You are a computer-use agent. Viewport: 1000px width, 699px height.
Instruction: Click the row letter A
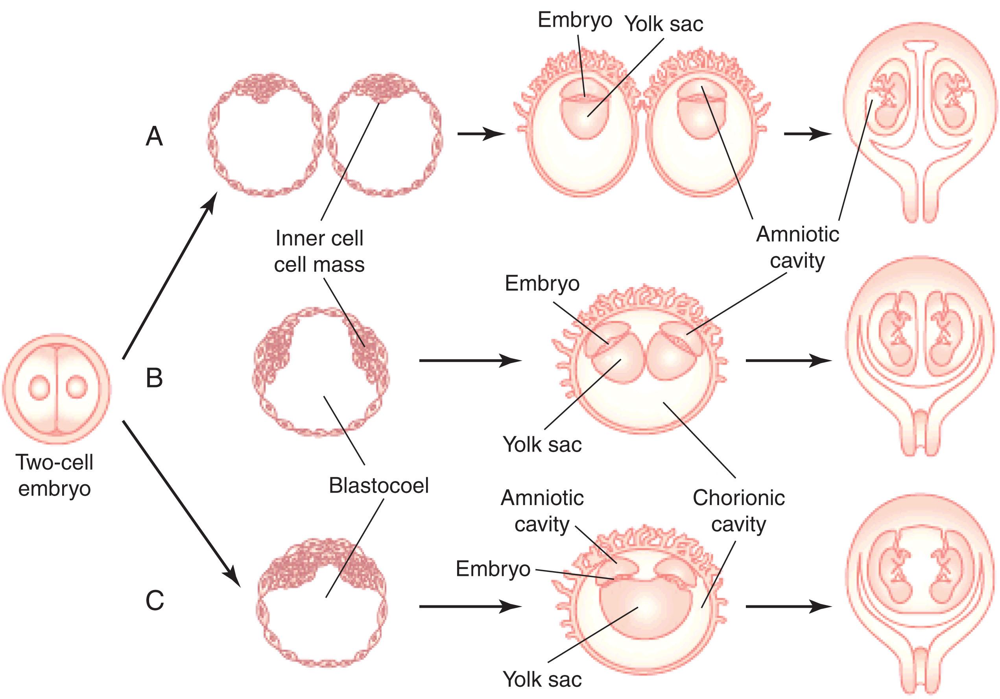154,136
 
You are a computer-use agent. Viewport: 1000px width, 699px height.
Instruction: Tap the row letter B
154,378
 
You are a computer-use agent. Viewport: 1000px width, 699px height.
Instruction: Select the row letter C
155,601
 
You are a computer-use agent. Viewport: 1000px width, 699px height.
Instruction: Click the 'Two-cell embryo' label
54,475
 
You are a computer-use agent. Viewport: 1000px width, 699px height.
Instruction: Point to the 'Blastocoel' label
378,485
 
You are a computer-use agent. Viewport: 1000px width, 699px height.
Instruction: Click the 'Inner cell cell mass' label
319,251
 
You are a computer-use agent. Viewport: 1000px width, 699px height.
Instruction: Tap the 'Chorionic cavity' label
739,511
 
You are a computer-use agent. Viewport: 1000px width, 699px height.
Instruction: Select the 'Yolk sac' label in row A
664,24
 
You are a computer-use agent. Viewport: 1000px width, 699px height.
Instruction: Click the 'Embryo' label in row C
493,569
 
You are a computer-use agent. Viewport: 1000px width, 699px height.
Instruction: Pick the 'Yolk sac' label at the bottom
542,679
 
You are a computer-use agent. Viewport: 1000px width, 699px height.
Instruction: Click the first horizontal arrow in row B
470,361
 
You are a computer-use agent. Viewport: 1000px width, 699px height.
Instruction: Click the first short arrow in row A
481,134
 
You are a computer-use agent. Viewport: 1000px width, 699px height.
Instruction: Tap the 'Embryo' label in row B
542,284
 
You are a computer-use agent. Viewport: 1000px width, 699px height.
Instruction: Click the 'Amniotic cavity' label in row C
542,511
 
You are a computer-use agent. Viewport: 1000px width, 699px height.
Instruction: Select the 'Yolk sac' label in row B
542,444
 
